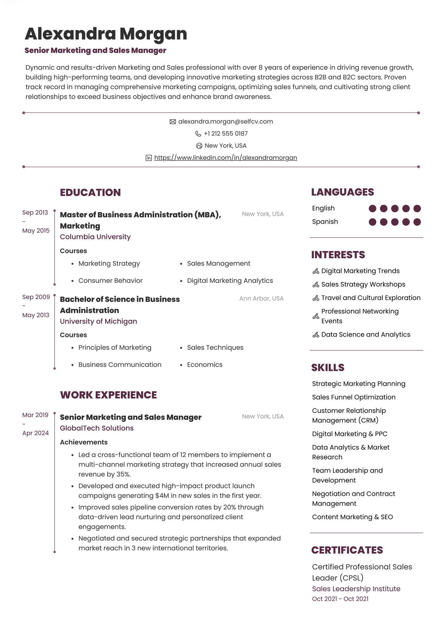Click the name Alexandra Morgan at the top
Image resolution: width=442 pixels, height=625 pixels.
106,34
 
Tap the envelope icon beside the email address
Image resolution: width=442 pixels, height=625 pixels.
173,122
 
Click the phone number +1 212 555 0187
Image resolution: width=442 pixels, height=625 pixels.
226,134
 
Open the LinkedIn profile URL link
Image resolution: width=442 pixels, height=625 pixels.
226,158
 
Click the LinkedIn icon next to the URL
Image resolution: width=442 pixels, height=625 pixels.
149,158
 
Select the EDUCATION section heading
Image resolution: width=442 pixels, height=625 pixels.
90,192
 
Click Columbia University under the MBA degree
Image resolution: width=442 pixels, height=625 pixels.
95,237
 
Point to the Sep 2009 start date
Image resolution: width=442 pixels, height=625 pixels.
36,297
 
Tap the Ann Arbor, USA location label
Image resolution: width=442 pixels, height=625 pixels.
261,299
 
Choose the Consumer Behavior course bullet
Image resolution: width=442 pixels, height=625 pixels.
110,281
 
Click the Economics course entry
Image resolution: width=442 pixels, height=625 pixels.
205,365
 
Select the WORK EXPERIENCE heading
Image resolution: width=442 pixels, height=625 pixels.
108,395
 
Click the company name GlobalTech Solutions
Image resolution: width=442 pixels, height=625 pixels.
97,428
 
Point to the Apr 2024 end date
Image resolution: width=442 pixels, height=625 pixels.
35,433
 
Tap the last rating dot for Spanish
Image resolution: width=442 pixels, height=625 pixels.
417,222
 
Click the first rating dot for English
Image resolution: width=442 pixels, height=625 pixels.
372,208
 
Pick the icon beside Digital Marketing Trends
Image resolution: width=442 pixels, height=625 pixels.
316,271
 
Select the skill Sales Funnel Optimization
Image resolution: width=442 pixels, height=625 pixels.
354,397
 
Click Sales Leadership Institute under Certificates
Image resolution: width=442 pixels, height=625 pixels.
356,589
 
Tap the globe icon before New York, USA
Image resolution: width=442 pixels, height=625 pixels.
199,146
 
